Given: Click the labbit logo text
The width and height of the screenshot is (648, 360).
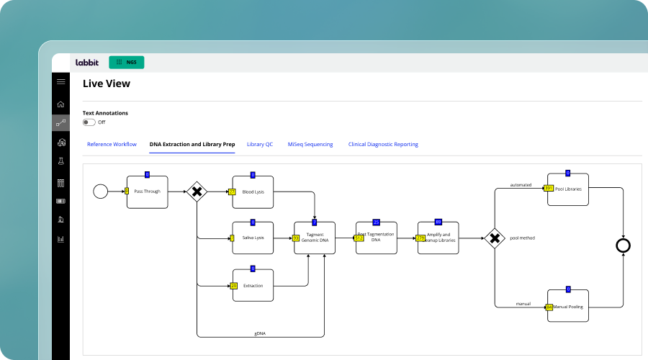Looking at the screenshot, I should point(87,63).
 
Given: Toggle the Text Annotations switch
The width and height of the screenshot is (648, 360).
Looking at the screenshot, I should point(89,122).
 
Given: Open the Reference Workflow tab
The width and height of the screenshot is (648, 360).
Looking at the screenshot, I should point(112,145).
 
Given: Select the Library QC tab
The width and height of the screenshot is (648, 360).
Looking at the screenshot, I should point(260,145).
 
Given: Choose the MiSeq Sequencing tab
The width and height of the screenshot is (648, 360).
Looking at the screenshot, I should point(310,145).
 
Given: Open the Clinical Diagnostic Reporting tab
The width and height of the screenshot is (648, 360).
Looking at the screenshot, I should point(383,145).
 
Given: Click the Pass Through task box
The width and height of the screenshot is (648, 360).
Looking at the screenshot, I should point(148,192).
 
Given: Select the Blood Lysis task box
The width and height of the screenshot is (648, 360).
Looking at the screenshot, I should point(253,192).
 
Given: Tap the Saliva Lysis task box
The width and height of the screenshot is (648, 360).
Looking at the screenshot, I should point(253,238).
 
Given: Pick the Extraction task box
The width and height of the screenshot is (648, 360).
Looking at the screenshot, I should point(253,286).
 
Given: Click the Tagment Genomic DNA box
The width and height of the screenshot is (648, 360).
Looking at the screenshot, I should point(315,238).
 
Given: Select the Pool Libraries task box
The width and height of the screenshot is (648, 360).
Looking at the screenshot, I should point(568,189).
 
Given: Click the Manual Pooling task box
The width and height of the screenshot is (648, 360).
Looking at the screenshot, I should point(569,307).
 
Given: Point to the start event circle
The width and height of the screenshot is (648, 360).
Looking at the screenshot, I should point(100,192).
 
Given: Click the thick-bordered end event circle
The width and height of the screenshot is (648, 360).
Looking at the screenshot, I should point(623,246).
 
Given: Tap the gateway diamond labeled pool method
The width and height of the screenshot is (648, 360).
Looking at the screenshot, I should point(494,238).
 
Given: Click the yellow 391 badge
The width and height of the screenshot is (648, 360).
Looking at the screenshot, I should point(549,189).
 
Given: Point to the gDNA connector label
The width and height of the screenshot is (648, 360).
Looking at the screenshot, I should point(260,333).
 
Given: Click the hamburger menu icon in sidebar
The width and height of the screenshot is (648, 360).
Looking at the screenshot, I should point(60,82).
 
